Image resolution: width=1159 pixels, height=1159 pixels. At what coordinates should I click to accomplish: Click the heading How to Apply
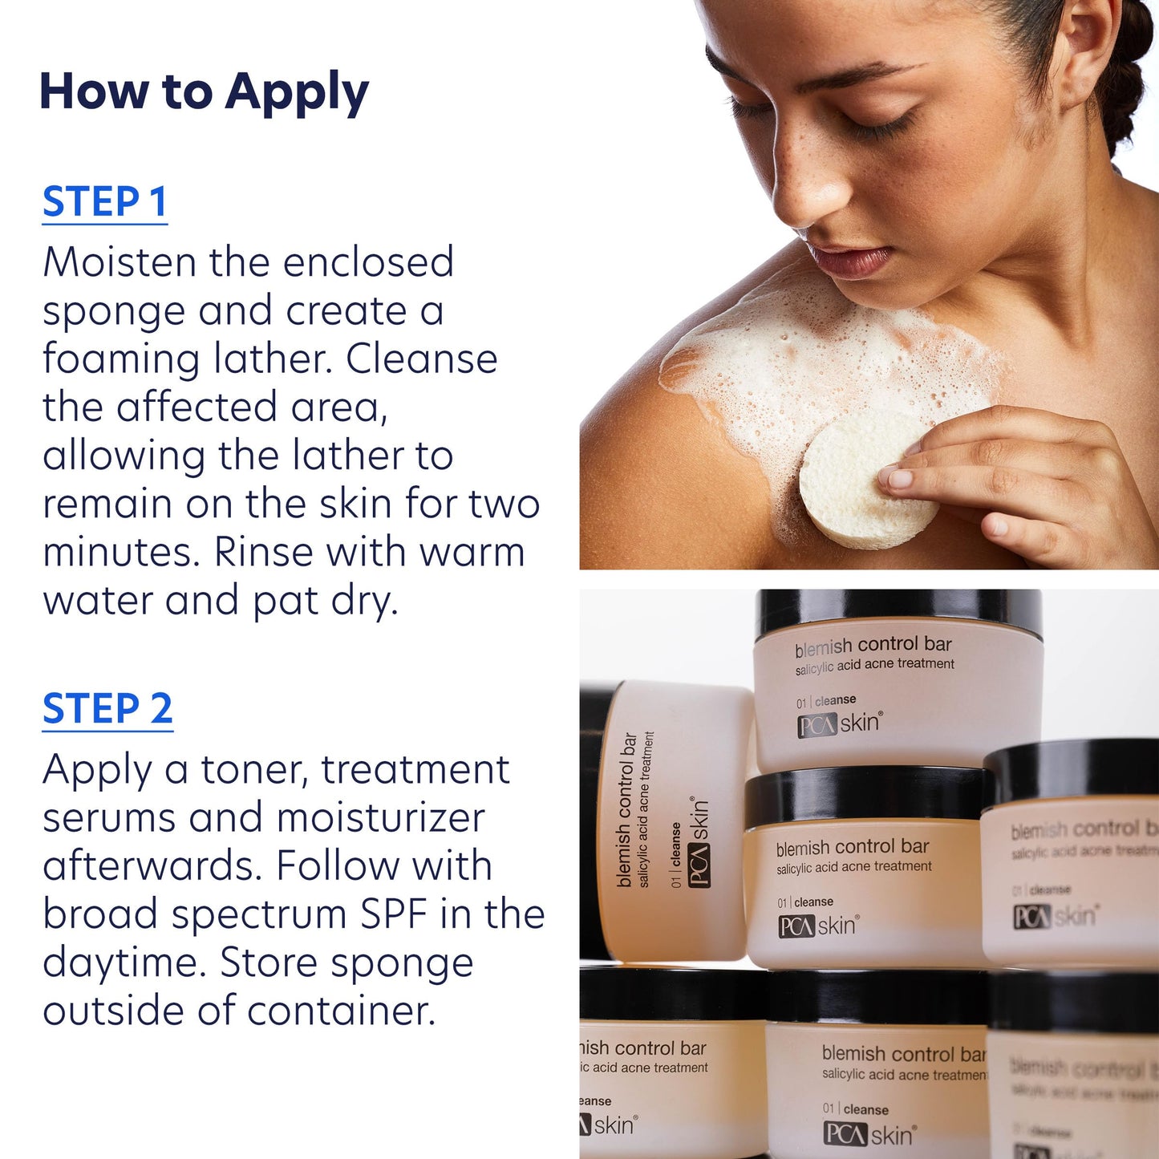pos(204,92)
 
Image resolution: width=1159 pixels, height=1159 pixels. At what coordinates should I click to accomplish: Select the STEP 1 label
pos(104,202)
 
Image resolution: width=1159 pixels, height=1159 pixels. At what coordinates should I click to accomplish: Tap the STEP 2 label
pos(107,709)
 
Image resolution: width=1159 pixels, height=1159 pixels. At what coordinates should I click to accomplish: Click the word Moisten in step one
pos(120,262)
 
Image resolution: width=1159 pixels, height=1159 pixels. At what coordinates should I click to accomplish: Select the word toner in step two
pos(254,770)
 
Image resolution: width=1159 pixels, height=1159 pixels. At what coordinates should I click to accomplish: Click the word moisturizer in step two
pos(381,818)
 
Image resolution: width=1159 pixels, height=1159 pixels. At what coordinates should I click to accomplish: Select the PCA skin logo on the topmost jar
pos(839,724)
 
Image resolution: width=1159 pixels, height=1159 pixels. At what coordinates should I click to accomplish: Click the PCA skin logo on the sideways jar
pos(699,842)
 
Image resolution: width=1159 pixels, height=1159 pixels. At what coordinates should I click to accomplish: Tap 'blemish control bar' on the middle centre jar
pos(852,847)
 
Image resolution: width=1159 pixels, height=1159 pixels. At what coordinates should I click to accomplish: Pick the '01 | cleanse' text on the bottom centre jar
pos(855,1109)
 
